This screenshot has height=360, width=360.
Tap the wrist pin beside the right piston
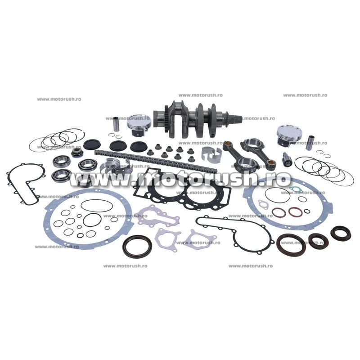point(310,143)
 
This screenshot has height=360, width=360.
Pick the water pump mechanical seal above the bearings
point(76,152)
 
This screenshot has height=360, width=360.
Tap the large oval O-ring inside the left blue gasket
point(97,206)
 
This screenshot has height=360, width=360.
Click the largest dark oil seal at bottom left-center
point(137,246)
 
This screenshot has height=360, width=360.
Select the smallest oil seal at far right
point(341,233)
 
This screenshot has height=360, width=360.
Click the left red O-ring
point(279,212)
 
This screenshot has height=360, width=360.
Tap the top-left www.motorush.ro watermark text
point(59,99)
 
